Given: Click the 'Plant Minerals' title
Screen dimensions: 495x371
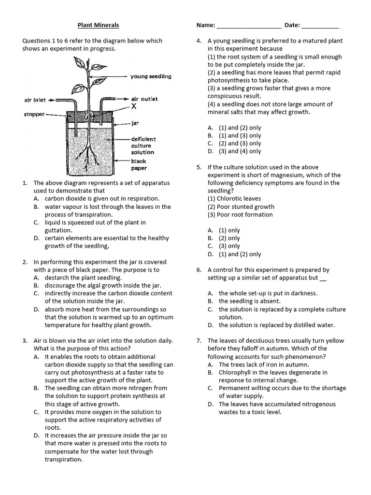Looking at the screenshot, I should point(99,25).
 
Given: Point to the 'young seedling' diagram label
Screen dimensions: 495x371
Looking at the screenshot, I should point(151,76).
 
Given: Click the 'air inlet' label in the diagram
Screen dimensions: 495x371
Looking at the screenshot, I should point(35,100).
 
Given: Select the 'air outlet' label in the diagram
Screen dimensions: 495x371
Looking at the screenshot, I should point(144,99).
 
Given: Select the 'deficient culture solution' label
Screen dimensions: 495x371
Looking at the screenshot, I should point(143,146).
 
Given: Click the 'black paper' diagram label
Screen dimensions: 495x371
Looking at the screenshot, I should point(139,165).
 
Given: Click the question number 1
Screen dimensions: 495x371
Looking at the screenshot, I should point(24,183).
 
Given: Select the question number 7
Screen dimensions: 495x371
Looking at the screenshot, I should point(199,341).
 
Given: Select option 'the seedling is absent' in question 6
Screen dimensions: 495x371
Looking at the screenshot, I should point(249,301).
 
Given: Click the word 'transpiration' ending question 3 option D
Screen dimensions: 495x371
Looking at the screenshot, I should point(64,459).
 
